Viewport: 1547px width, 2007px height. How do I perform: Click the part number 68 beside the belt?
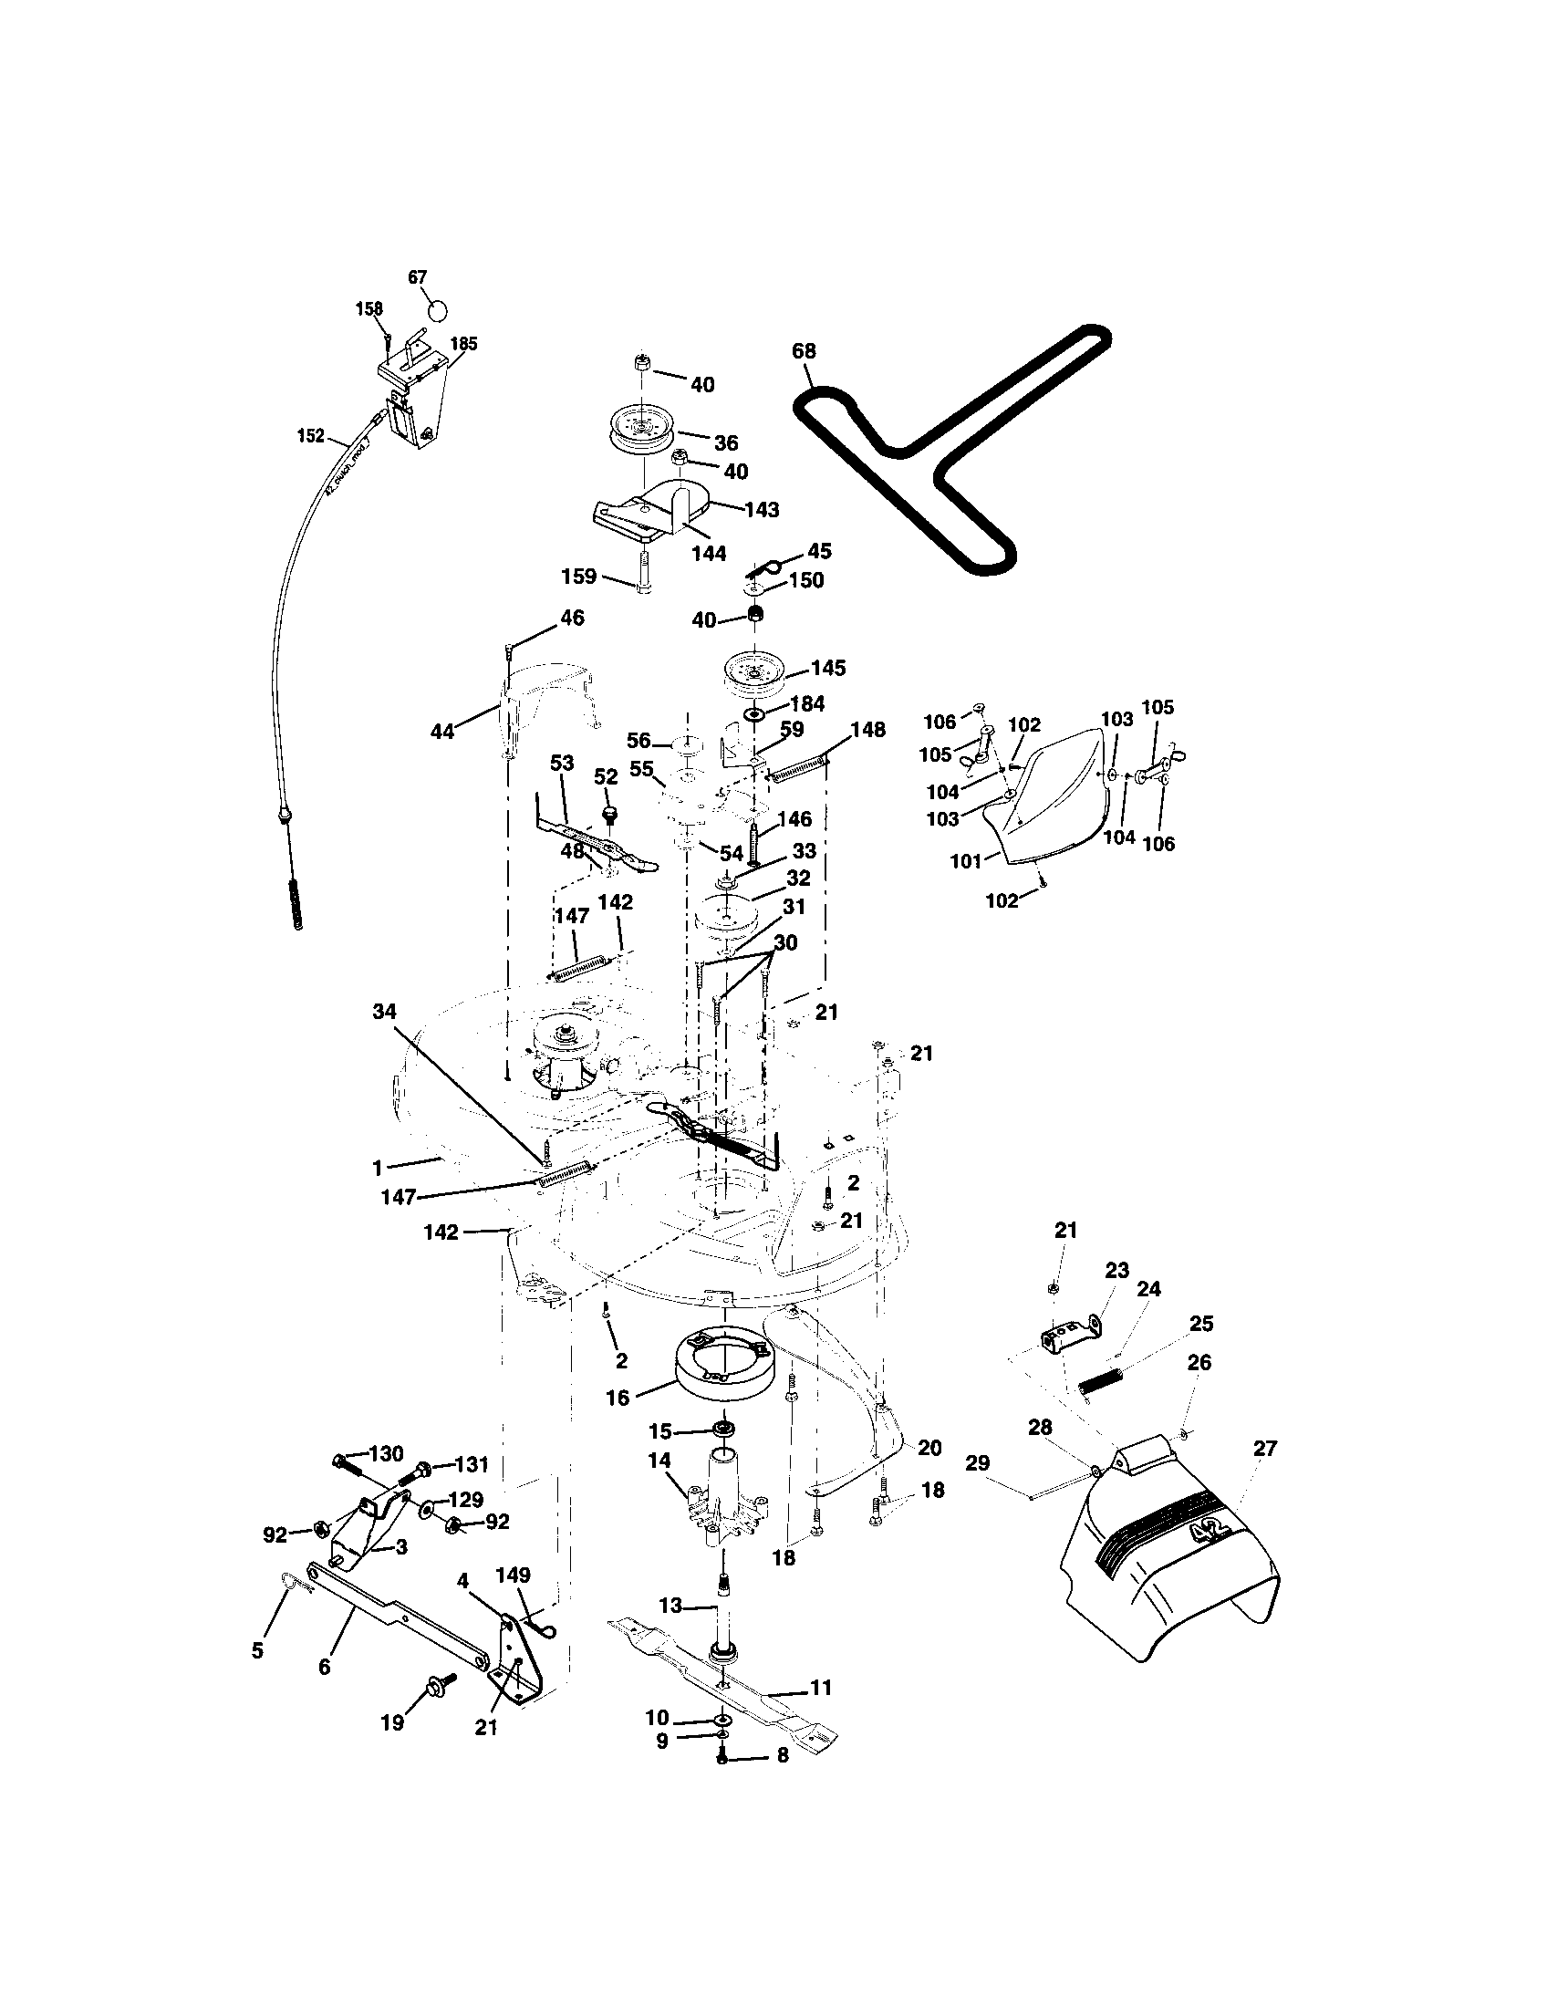click(x=804, y=351)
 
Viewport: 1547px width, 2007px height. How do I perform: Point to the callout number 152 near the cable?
click(x=310, y=435)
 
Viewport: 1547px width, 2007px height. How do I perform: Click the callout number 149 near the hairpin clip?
click(x=513, y=1575)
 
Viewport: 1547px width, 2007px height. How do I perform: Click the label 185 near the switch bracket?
click(x=463, y=344)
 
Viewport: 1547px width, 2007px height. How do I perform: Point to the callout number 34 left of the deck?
click(x=384, y=1011)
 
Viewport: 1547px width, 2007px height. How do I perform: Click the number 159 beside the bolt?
click(x=579, y=577)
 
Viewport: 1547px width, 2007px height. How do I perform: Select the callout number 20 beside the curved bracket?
click(x=929, y=1449)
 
